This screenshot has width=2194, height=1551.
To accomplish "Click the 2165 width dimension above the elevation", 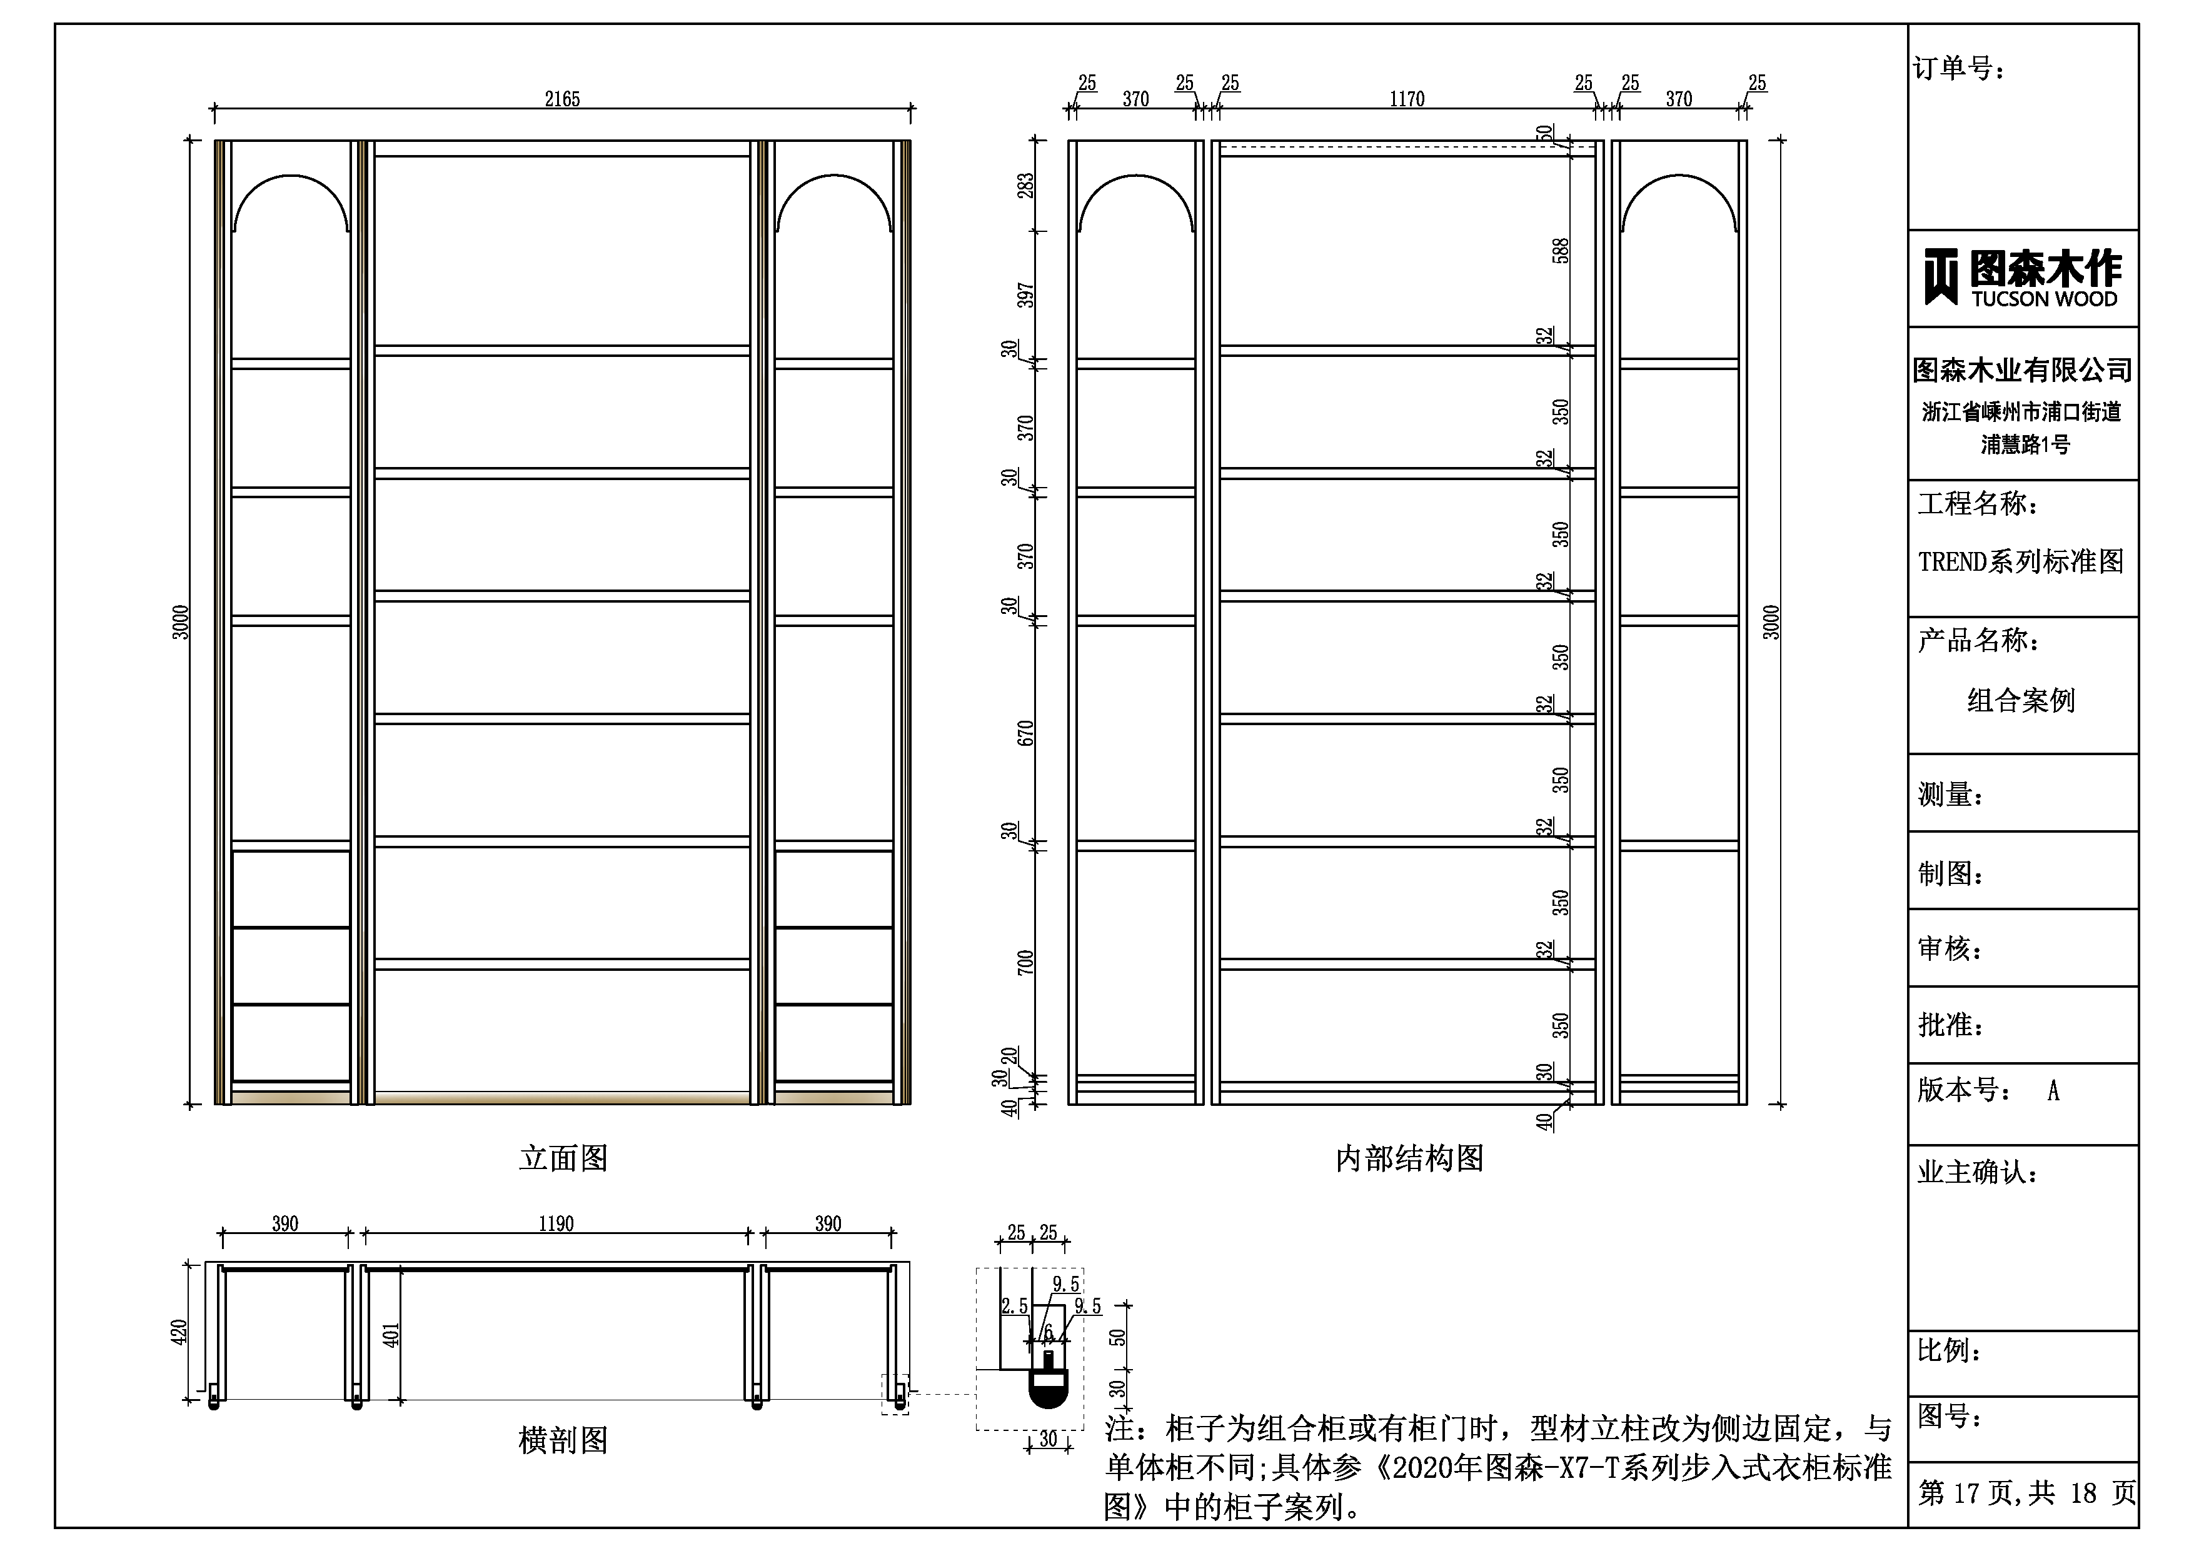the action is click(x=562, y=98).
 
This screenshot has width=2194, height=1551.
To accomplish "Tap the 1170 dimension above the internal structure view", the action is click(x=1407, y=98).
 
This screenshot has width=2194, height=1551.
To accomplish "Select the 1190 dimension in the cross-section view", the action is click(x=556, y=1224).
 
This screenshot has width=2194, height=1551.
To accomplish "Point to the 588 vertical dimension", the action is click(x=1561, y=251).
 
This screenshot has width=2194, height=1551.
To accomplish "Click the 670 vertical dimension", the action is click(x=1025, y=734).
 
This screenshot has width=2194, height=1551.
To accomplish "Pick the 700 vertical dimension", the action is click(x=1025, y=962).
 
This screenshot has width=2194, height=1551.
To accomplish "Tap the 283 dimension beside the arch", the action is click(x=1025, y=186).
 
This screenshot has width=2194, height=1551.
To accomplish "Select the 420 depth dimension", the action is click(x=179, y=1332).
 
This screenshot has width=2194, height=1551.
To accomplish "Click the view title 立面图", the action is click(x=564, y=1158).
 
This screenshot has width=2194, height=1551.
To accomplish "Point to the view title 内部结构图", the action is click(x=1409, y=1158).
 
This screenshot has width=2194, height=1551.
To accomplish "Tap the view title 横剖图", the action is click(x=564, y=1440).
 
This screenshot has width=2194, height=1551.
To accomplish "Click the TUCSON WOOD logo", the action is click(x=2022, y=278).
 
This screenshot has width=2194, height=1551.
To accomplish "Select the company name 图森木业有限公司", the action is click(x=2022, y=370).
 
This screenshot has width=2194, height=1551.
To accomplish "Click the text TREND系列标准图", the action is click(x=2020, y=561).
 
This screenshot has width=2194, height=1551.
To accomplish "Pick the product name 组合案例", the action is click(x=2021, y=701).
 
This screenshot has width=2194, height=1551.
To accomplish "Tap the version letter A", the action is click(x=2053, y=1090).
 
